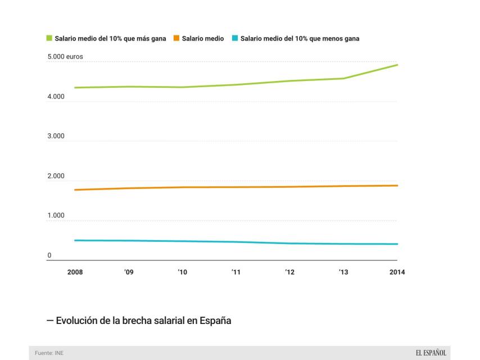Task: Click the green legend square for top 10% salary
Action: (x=49, y=39)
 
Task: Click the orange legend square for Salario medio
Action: (x=177, y=39)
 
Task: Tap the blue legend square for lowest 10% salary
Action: (x=235, y=39)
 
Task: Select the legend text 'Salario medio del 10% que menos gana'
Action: (x=300, y=39)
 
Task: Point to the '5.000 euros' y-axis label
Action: (x=65, y=57)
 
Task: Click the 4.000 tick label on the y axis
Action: (x=56, y=97)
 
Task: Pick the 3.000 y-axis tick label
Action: (x=56, y=137)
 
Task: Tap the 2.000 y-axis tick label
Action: (x=56, y=177)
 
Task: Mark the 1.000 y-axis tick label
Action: (x=56, y=216)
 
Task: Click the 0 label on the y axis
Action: (x=49, y=256)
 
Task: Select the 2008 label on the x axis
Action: (x=75, y=272)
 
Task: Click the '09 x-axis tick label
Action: (x=129, y=272)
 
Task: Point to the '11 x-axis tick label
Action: (x=236, y=272)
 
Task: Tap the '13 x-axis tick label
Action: (x=343, y=272)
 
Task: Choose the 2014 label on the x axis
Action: (x=397, y=272)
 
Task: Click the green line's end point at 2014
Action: (x=397, y=65)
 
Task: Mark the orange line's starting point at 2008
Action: (x=75, y=190)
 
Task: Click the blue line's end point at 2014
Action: (x=397, y=244)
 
